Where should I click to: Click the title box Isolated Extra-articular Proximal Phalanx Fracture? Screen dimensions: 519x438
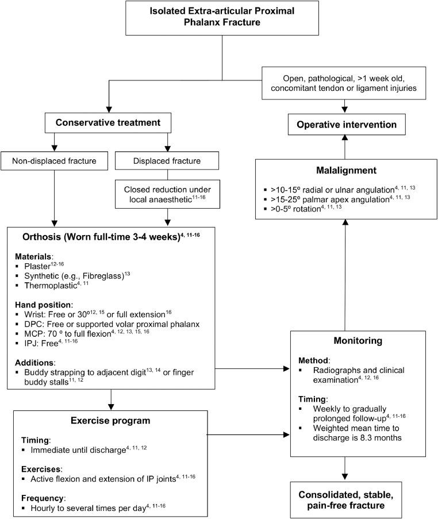(x=221, y=21)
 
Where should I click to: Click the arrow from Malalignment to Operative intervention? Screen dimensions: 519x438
(x=344, y=147)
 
